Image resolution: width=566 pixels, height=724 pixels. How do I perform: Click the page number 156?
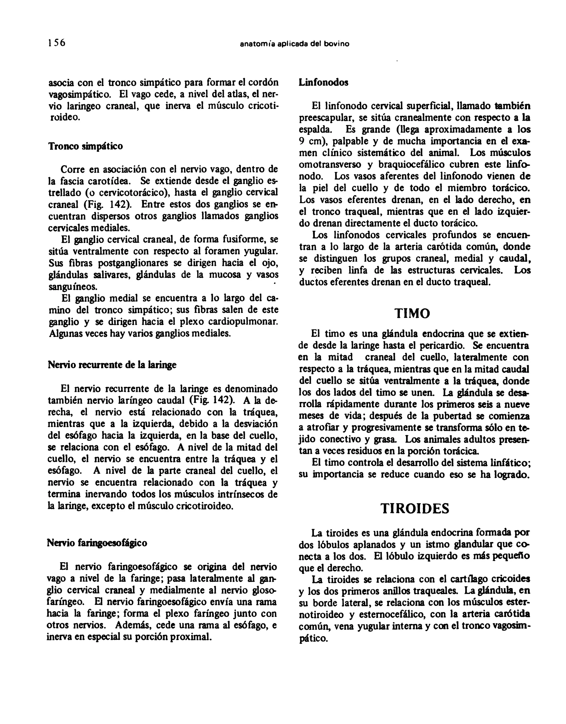click(57, 43)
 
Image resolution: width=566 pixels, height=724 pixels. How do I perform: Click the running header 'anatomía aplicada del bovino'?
click(294, 44)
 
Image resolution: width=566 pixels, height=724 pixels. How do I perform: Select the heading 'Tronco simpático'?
click(85, 146)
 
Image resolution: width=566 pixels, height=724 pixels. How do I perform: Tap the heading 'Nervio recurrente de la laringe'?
click(112, 365)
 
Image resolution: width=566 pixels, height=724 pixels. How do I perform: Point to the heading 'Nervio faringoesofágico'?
click(97, 543)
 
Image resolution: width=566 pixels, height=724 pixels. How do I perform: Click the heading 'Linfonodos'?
click(323, 83)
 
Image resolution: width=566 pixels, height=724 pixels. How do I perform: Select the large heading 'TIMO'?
click(412, 313)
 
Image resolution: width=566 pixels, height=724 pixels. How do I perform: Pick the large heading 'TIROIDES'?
click(415, 508)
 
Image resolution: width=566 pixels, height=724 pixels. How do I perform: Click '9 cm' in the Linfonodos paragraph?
click(310, 141)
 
